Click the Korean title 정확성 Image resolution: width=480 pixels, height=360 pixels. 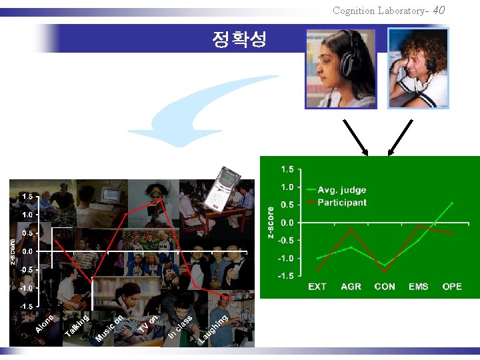pyautogui.click(x=239, y=39)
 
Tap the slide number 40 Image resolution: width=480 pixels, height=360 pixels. pyautogui.click(x=438, y=10)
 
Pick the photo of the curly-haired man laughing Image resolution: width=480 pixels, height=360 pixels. pyautogui.click(x=418, y=69)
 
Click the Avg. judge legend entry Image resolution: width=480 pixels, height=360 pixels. pyautogui.click(x=341, y=190)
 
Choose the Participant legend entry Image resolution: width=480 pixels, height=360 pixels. pyautogui.click(x=341, y=203)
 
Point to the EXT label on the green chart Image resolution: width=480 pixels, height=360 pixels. pyautogui.click(x=317, y=287)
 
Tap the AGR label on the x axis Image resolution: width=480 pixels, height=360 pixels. pyautogui.click(x=351, y=287)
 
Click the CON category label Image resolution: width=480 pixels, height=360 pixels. pyautogui.click(x=385, y=287)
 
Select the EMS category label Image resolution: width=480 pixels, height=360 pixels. pyautogui.click(x=419, y=287)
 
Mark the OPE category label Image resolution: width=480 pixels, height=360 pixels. pyautogui.click(x=452, y=287)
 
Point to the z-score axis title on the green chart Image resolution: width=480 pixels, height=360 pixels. pyautogui.click(x=271, y=222)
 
